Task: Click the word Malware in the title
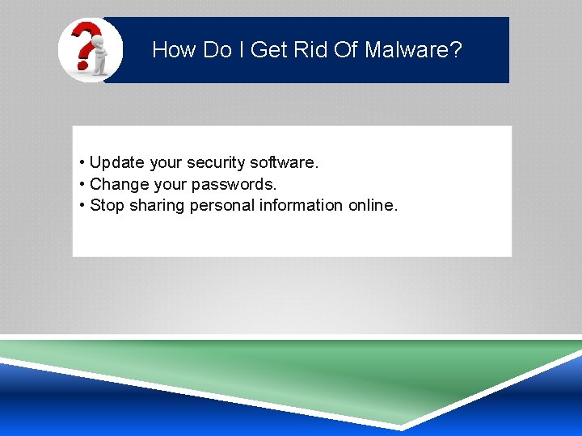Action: pos(412,50)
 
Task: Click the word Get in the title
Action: pos(269,50)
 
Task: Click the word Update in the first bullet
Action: pos(117,163)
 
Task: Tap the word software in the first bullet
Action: pos(285,163)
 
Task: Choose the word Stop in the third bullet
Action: pos(107,205)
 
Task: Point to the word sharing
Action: pos(157,205)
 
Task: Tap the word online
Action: pos(373,205)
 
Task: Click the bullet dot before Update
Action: pos(83,163)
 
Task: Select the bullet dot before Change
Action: pos(83,184)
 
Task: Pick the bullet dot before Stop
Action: pos(83,205)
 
